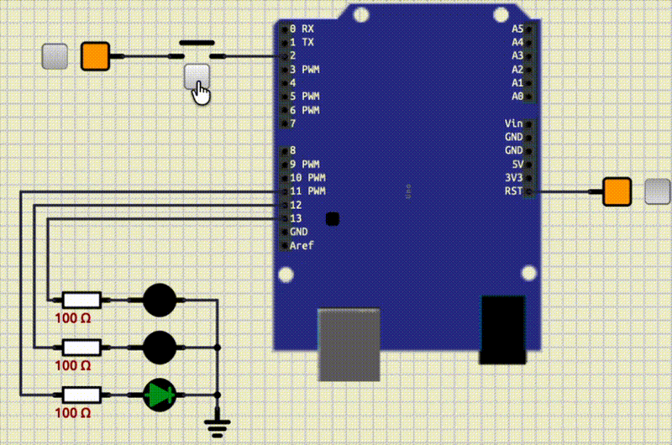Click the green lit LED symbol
point(159,395)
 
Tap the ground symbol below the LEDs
point(218,425)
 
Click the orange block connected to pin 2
point(95,56)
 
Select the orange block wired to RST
point(617,191)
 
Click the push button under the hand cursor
point(197,76)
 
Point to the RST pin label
point(513,191)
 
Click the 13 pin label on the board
point(296,218)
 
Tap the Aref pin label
point(301,245)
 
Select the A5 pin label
point(517,29)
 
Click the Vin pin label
point(514,123)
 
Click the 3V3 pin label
point(514,177)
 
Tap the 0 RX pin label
point(302,29)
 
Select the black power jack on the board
point(502,329)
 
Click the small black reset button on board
point(332,219)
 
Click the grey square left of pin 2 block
point(55,56)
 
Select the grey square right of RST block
point(657,191)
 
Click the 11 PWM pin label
point(307,191)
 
